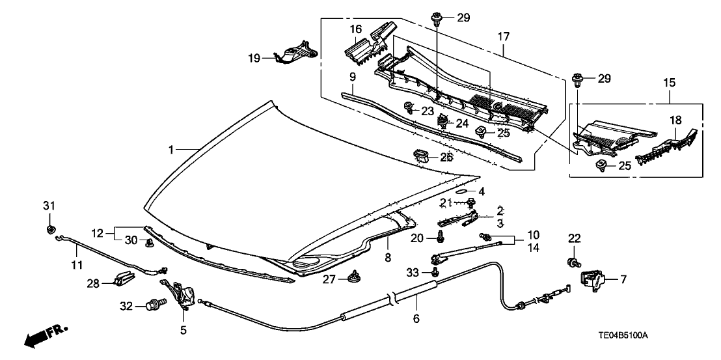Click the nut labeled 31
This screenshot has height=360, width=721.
pyautogui.click(x=50, y=229)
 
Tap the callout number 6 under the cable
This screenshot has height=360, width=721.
pyautogui.click(x=416, y=318)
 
